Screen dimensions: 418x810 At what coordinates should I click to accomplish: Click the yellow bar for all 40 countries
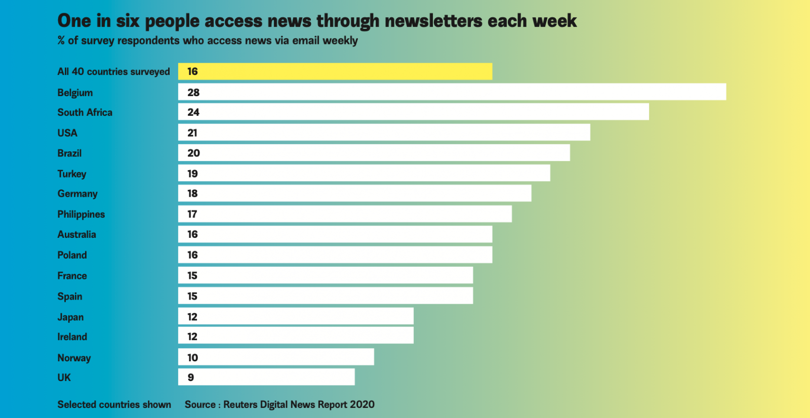pyautogui.click(x=335, y=71)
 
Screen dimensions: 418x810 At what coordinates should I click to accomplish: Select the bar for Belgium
pyautogui.click(x=452, y=92)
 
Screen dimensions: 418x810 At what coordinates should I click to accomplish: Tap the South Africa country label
pyautogui.click(x=85, y=112)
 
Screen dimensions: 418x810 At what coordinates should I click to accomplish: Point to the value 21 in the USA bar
pyautogui.click(x=192, y=133)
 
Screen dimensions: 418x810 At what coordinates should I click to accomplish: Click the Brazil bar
pyautogui.click(x=374, y=153)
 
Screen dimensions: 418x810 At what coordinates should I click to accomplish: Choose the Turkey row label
pyautogui.click(x=72, y=174)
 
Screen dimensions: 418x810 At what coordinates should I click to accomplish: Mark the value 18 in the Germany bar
pyautogui.click(x=192, y=193)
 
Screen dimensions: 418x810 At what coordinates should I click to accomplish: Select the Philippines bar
pyautogui.click(x=345, y=214)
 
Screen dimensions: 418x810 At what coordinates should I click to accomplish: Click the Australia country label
pyautogui.click(x=76, y=234)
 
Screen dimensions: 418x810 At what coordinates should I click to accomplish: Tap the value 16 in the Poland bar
pyautogui.click(x=192, y=255)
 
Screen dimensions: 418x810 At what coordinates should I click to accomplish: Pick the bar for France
pyautogui.click(x=325, y=275)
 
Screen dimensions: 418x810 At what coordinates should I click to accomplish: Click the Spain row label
pyautogui.click(x=70, y=297)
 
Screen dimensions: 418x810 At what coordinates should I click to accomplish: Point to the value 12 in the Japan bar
pyautogui.click(x=192, y=317)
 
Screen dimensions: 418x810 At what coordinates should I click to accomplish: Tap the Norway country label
pyautogui.click(x=74, y=358)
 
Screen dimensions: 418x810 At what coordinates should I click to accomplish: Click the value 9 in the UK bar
pyautogui.click(x=191, y=378)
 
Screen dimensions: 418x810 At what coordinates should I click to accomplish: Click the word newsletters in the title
pyautogui.click(x=433, y=21)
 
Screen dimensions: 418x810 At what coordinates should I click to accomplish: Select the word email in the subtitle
pyautogui.click(x=306, y=40)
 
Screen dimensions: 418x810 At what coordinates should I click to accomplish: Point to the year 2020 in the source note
pyautogui.click(x=362, y=404)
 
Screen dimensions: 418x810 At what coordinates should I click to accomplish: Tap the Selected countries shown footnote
pyautogui.click(x=114, y=404)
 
